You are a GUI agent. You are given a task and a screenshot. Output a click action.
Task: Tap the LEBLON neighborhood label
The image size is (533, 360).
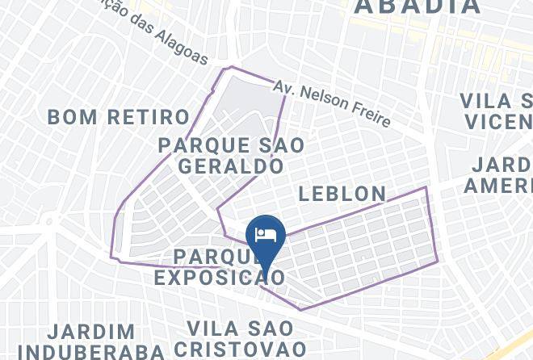[x=343, y=194]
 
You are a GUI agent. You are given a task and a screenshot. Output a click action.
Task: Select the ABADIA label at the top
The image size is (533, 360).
[x=418, y=7]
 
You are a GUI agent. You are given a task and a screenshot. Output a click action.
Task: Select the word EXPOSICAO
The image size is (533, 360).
[x=219, y=278]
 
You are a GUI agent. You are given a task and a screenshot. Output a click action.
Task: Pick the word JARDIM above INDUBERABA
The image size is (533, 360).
[x=90, y=332]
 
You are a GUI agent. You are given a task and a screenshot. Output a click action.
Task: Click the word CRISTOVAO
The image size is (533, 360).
[x=246, y=349]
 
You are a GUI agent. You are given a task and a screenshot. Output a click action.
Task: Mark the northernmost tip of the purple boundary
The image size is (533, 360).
[x=232, y=67]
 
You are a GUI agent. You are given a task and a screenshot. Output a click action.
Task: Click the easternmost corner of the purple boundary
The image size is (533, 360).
[x=437, y=260]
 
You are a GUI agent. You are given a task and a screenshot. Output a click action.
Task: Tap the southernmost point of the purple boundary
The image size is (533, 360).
[x=301, y=309]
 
